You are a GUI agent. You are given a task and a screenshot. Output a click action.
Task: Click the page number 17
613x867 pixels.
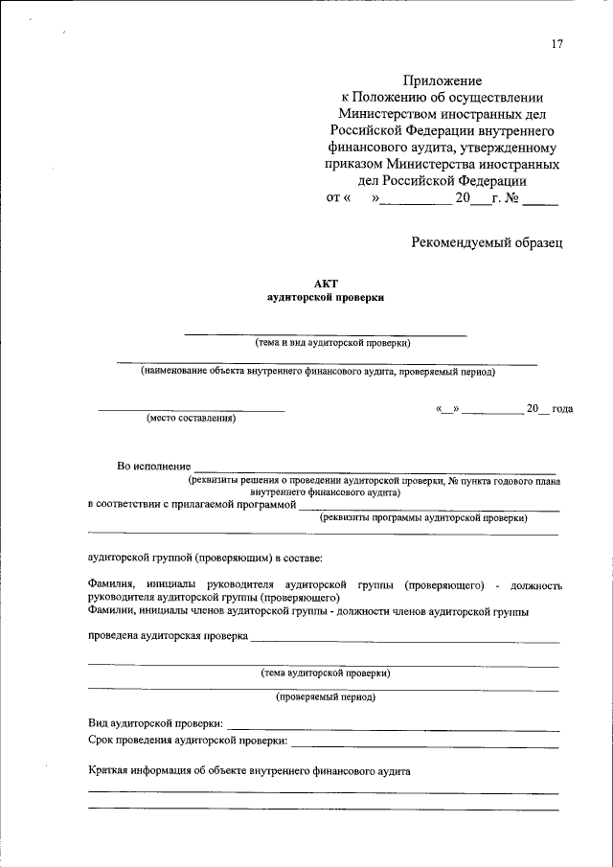point(556,44)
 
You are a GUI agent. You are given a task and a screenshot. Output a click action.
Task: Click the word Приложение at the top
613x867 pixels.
point(442,80)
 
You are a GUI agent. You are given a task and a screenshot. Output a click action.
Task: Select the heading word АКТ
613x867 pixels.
point(326,283)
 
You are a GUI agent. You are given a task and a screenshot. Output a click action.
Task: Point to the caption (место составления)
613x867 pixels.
point(191,418)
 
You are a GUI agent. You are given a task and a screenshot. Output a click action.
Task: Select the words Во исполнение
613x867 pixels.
point(153,466)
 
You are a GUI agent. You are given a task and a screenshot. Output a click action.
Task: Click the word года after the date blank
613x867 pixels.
point(562,409)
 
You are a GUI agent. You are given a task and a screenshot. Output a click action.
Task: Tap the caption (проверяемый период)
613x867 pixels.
point(326,697)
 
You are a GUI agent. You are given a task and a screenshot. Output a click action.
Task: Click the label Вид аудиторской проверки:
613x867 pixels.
point(156,721)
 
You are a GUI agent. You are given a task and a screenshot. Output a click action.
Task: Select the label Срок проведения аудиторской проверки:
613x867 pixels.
point(187,741)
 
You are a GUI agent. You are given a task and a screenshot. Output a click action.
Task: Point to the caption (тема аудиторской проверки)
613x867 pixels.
point(326,673)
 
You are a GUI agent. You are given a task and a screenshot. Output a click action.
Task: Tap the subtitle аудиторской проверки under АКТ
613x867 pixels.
point(325,298)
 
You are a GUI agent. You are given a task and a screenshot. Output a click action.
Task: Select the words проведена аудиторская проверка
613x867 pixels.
point(168,636)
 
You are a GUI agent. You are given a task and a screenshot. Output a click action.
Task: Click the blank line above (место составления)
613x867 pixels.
point(191,410)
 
